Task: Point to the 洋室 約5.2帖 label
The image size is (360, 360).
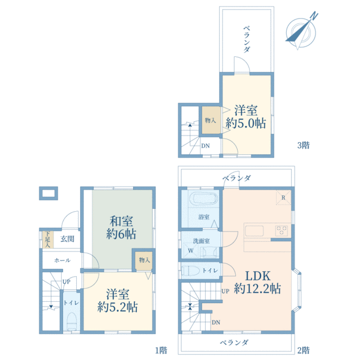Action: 118,300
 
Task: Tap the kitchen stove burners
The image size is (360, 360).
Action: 282,230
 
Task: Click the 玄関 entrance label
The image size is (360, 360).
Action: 67,239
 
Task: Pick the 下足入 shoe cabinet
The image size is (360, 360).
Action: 47,238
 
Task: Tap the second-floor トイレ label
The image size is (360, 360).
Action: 210,271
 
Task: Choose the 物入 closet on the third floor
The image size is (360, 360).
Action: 211,121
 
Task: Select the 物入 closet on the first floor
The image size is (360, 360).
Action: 143,260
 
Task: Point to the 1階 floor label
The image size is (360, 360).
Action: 160,350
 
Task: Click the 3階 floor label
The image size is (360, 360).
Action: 303,145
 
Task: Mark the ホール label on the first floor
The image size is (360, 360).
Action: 62,260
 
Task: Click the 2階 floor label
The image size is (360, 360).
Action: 303,350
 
